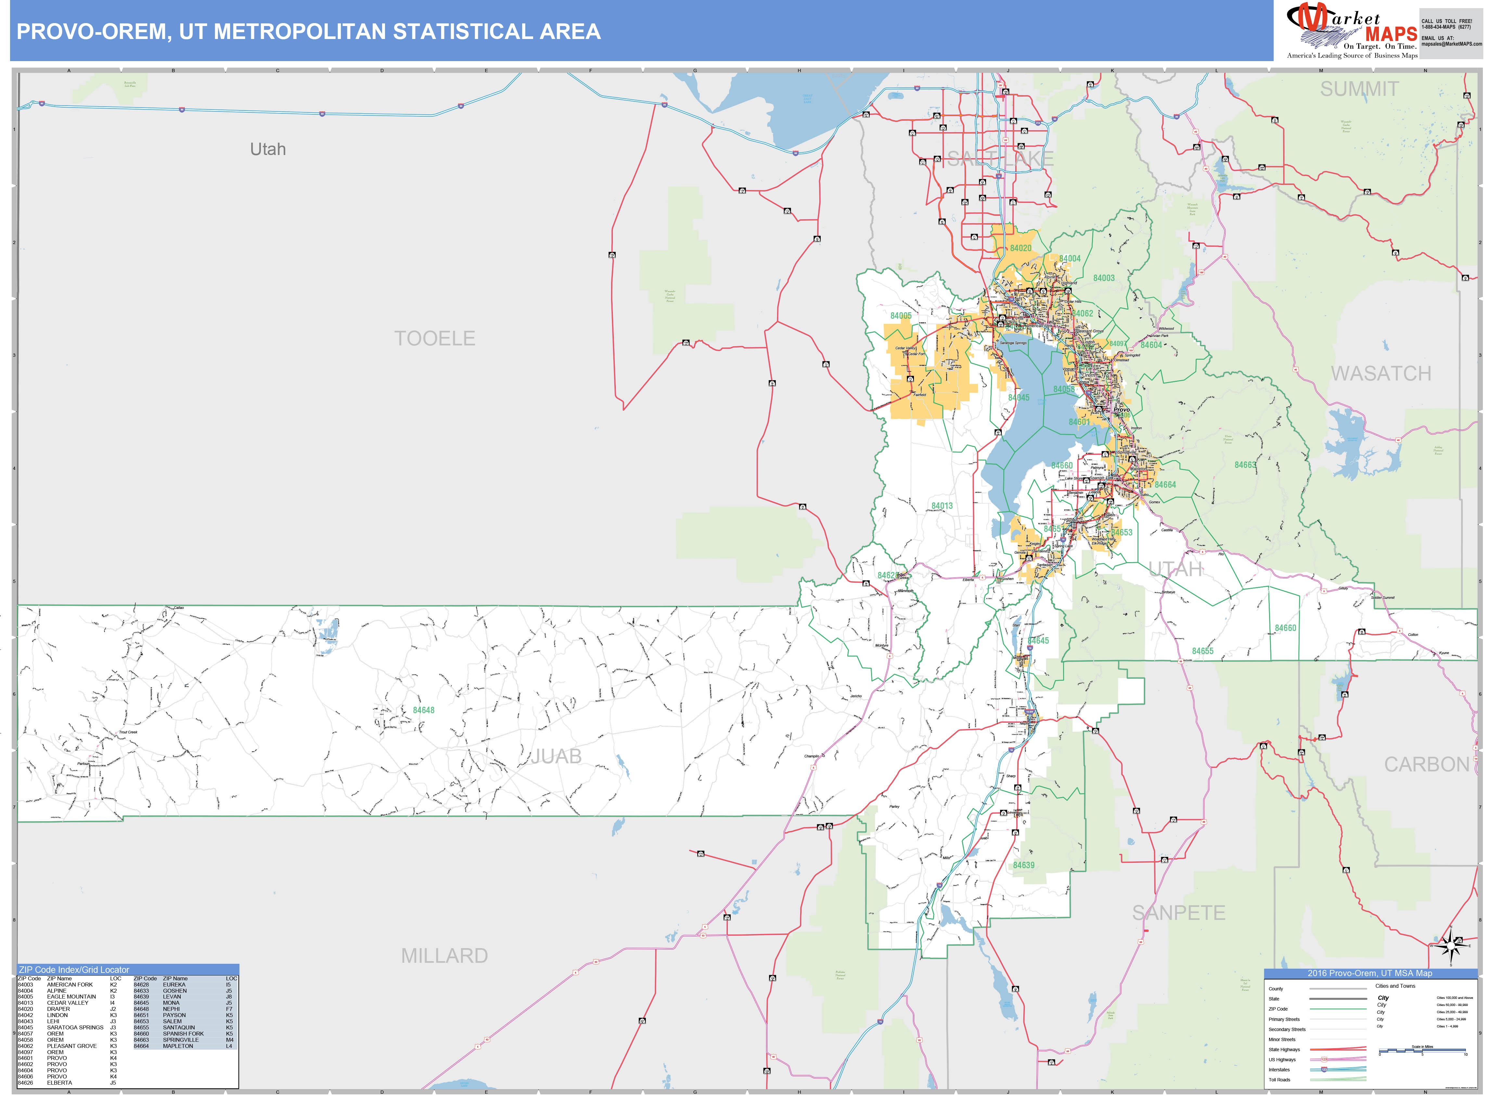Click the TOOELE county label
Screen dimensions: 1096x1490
pyautogui.click(x=434, y=338)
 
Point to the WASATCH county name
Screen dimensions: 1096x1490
pyautogui.click(x=1381, y=374)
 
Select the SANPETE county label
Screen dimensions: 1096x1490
pyautogui.click(x=1178, y=913)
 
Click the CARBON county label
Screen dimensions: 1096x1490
pyautogui.click(x=1426, y=764)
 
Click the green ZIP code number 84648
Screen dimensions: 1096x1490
pyautogui.click(x=423, y=710)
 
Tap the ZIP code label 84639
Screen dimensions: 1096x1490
pyautogui.click(x=1023, y=865)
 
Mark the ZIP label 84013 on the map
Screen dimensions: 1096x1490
pyautogui.click(x=941, y=506)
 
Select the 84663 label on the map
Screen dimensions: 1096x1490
pyautogui.click(x=1245, y=465)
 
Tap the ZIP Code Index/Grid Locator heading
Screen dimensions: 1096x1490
pyautogui.click(x=74, y=969)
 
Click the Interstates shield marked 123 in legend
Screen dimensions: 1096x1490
pyautogui.click(x=1324, y=1069)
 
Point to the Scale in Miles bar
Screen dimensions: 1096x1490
pyautogui.click(x=1422, y=1050)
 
